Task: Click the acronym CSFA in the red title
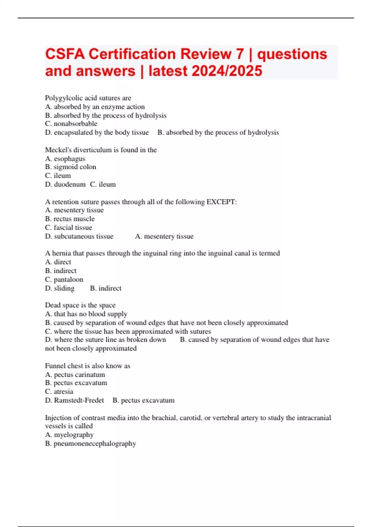click(65, 54)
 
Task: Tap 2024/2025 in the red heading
click(227, 71)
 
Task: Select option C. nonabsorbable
click(71, 124)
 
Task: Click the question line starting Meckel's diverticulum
click(101, 150)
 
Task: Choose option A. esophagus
click(65, 159)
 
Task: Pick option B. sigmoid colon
click(71, 167)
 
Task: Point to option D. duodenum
click(65, 184)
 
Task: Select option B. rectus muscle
click(70, 219)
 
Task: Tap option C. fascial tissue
click(69, 228)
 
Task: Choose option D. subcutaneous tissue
click(79, 236)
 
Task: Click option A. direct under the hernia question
click(58, 262)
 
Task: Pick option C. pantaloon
click(64, 280)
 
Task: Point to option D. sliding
click(60, 288)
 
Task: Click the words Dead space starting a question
click(62, 305)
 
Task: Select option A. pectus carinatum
click(75, 374)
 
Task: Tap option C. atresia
click(59, 392)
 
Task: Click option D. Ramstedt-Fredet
click(74, 400)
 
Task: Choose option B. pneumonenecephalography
click(91, 444)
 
